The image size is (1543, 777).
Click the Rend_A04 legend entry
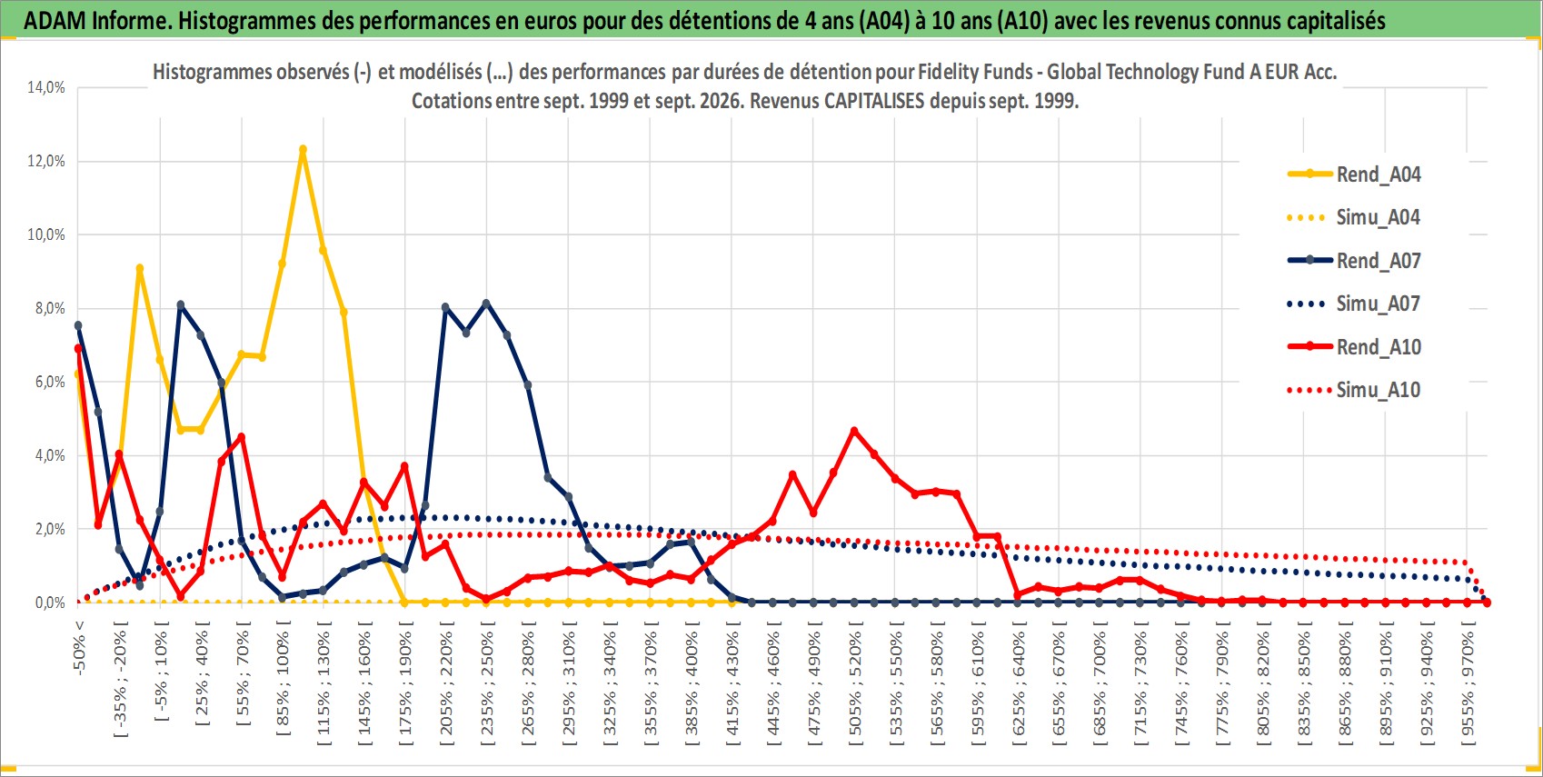[1354, 174]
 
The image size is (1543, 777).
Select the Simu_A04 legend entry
[1354, 218]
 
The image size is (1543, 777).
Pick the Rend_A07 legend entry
[1354, 261]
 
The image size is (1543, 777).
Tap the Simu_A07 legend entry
[1354, 304]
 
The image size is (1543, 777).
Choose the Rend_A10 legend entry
[1354, 346]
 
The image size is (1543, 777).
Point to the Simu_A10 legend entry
[1354, 390]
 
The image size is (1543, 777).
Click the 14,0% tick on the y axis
[46, 87]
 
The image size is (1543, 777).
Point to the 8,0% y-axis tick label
[50, 308]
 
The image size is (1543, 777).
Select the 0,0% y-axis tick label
[50, 603]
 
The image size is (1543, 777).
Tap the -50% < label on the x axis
[79, 647]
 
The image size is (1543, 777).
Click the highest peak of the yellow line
[303, 149]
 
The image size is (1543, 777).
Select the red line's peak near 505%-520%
[855, 431]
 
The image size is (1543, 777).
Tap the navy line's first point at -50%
[78, 325]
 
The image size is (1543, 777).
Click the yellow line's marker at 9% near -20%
[140, 269]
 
